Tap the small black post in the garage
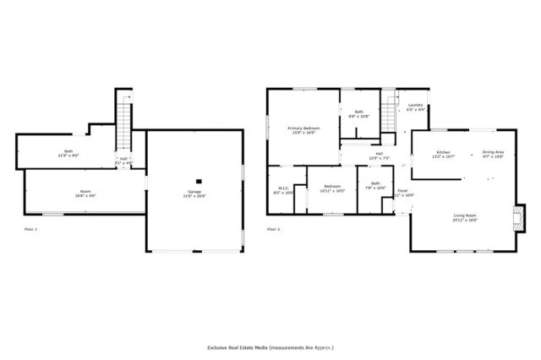click(x=198, y=180)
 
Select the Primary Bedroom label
click(x=303, y=129)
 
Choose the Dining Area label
click(x=493, y=154)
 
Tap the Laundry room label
click(x=415, y=106)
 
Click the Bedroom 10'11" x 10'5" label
click(x=331, y=188)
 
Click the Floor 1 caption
click(x=30, y=229)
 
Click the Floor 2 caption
click(x=273, y=229)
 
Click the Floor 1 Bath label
click(x=68, y=154)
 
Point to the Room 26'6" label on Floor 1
click(x=85, y=194)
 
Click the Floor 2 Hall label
click(x=379, y=155)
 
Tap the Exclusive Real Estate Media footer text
click(x=270, y=347)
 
